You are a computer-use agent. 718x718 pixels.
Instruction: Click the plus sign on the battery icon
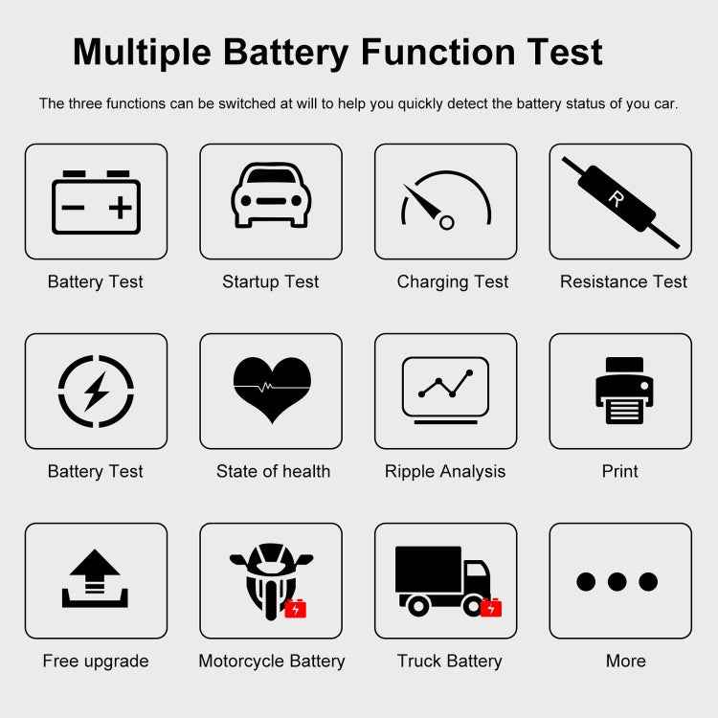click(x=120, y=208)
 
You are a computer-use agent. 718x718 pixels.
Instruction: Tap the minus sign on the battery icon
click(x=73, y=208)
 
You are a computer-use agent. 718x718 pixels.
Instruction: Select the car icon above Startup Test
click(x=271, y=196)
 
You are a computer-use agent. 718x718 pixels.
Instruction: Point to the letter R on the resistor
click(x=616, y=198)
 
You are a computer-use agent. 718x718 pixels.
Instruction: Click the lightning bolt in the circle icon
click(x=96, y=391)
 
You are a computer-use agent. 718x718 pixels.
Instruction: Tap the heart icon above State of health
click(x=272, y=388)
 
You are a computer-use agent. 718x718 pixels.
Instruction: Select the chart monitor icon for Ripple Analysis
click(x=445, y=389)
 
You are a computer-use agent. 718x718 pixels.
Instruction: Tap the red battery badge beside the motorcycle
click(x=296, y=608)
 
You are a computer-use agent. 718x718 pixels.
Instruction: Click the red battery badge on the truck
click(x=491, y=608)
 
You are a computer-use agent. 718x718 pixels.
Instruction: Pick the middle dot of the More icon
click(x=617, y=581)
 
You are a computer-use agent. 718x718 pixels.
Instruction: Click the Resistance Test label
click(x=623, y=281)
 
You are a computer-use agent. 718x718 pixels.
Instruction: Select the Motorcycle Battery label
click(x=272, y=661)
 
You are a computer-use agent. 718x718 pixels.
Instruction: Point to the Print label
click(x=619, y=471)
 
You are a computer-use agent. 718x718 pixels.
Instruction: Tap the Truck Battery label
click(x=449, y=661)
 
